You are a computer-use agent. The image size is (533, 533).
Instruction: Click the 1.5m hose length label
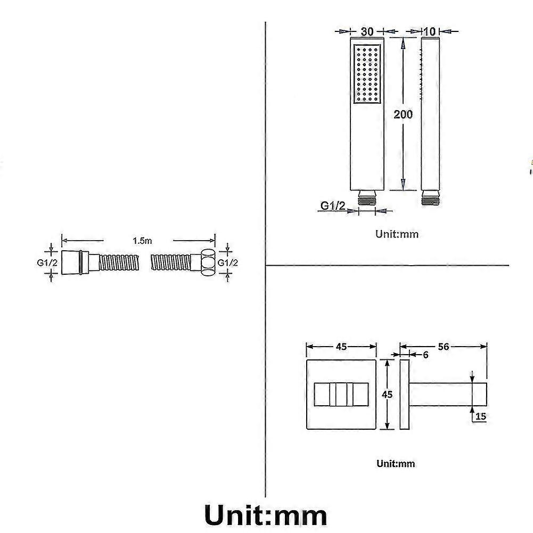click(x=142, y=241)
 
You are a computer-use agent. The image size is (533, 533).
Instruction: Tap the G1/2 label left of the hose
click(x=47, y=263)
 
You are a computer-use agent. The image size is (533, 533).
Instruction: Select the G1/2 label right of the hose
click(x=227, y=263)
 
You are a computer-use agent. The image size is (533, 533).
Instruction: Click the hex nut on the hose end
click(x=208, y=263)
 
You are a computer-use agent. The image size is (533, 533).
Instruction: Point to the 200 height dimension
click(x=403, y=114)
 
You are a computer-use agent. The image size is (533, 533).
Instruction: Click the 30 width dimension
click(x=367, y=31)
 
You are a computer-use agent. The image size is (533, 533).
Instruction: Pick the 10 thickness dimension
click(x=429, y=31)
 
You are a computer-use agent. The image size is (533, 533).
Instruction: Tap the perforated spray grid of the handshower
click(x=367, y=74)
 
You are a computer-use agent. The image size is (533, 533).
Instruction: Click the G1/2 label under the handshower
click(x=333, y=206)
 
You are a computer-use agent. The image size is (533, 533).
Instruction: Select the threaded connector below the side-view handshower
click(x=430, y=198)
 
